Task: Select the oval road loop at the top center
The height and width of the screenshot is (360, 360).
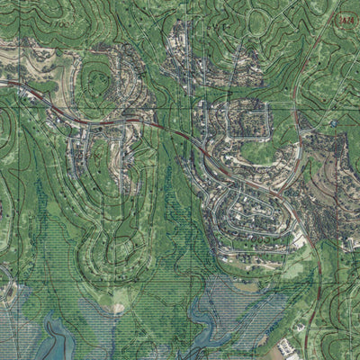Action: (x=261, y=22)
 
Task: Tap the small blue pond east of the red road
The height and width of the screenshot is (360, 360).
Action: (x=334, y=122)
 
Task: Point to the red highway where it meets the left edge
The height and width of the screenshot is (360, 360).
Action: (x=3, y=82)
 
